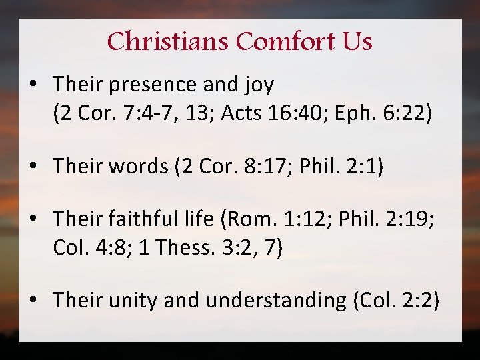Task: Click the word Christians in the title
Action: pyautogui.click(x=168, y=42)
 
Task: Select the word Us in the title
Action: pyautogui.click(x=358, y=42)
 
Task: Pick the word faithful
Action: pyautogui.click(x=149, y=218)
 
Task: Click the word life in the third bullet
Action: pyautogui.click(x=207, y=218)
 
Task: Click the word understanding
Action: pyautogui.click(x=276, y=301)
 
